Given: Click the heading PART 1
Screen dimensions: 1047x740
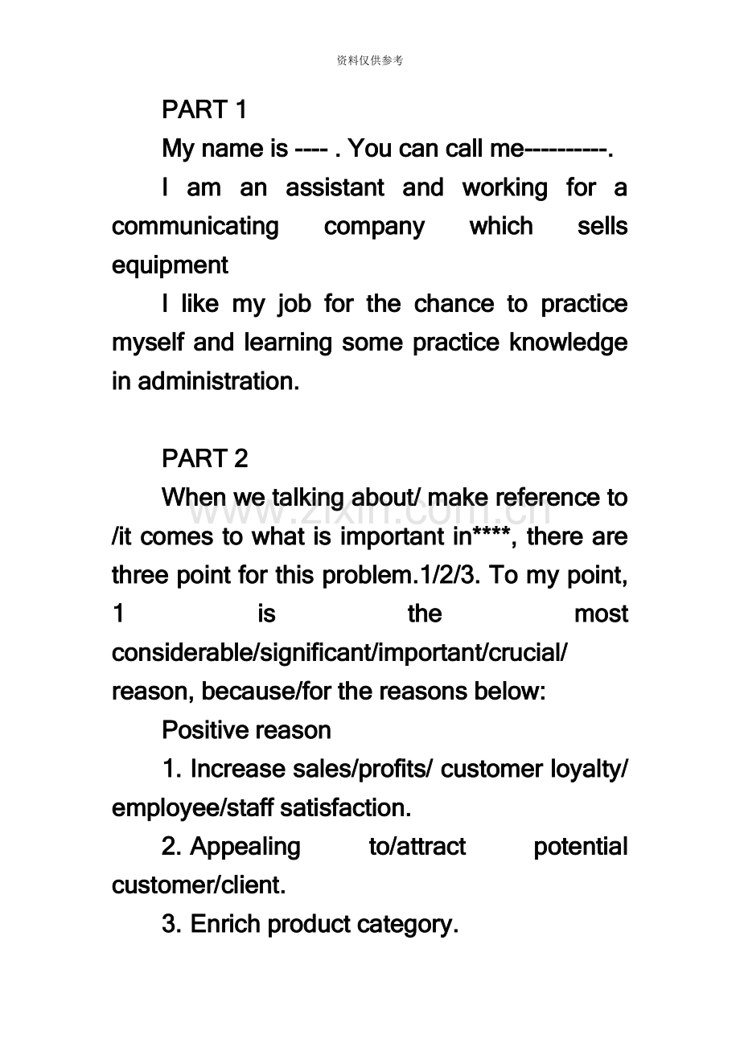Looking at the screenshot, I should coord(204,109).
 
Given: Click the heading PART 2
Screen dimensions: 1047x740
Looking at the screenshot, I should coord(205,458).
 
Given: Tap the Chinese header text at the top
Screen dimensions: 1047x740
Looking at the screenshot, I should coord(369,60).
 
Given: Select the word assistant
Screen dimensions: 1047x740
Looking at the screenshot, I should coord(335,187).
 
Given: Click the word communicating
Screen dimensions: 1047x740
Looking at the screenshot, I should coord(195,226).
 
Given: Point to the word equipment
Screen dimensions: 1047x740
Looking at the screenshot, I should coord(170,265).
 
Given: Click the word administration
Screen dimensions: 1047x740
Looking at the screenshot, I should coord(218,381).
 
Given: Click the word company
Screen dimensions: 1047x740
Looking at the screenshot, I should coord(374,226).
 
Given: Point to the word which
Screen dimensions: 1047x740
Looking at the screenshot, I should coord(501,226).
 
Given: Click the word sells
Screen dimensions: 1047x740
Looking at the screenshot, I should coord(602,226).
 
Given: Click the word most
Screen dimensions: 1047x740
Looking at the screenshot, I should coord(601,614).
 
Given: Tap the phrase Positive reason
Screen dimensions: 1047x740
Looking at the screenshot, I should coord(246,730).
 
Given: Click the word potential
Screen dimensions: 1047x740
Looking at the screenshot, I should coord(580,847).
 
